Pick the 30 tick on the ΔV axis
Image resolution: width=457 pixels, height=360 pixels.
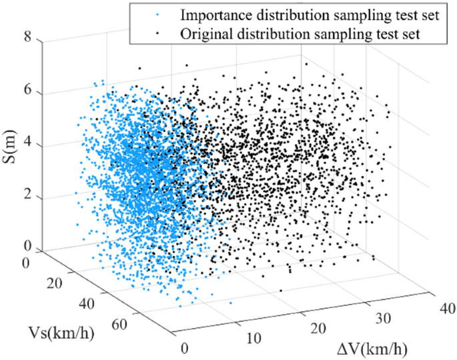pos(382,319)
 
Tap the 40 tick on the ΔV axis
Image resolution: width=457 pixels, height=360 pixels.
pos(438,309)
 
